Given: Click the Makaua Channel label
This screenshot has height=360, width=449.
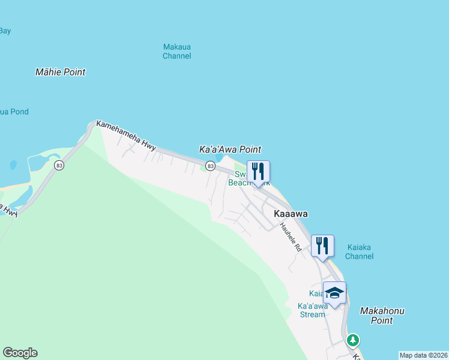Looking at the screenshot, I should [x=177, y=51].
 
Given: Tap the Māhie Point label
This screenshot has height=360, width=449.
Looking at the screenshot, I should [x=60, y=72].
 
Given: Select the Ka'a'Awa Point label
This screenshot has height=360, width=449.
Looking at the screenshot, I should [x=230, y=149].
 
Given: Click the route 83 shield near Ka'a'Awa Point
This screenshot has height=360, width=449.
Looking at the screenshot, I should [x=210, y=166].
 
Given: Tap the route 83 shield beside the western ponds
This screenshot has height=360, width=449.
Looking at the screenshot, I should [x=59, y=165].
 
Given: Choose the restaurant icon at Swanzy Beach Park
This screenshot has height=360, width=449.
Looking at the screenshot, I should [x=258, y=172].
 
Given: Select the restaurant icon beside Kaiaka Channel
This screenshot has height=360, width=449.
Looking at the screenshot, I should [x=322, y=245].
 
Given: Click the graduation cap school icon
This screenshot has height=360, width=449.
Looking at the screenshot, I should [x=334, y=293].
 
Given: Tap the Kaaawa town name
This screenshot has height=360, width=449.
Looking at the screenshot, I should [x=291, y=214].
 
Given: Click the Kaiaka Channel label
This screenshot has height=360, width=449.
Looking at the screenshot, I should [x=360, y=251].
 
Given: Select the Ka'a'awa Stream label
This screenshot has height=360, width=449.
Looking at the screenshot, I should [x=313, y=310].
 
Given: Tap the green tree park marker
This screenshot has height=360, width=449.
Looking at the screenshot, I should [x=353, y=340].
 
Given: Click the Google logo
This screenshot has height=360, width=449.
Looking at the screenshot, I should [x=20, y=353].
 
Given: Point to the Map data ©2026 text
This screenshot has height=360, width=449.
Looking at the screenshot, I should [x=423, y=355].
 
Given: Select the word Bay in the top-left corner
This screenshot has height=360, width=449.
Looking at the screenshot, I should [x=5, y=31].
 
